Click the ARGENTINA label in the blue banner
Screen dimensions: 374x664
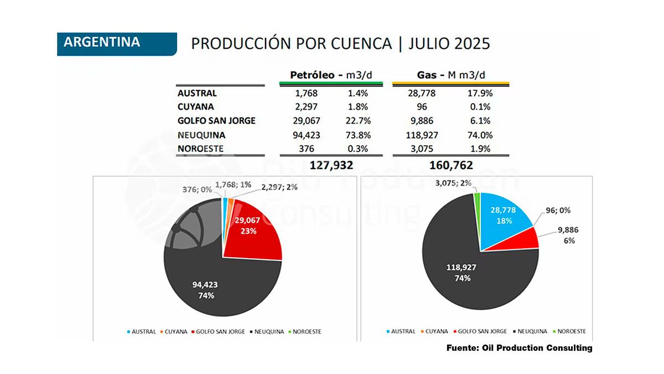click(102, 42)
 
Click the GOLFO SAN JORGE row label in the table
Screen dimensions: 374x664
click(216, 120)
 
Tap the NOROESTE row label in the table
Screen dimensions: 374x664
click(201, 148)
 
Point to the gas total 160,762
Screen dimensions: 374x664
click(450, 165)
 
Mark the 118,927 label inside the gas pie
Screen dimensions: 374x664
click(462, 267)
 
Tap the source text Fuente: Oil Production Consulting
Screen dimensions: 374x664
click(519, 348)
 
